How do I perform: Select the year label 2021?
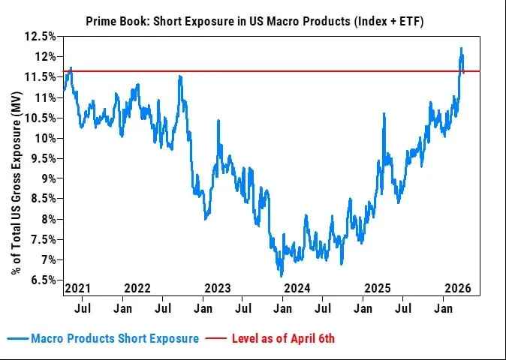pos(77,288)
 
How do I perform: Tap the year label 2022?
pos(137,288)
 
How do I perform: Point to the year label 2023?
pos(218,288)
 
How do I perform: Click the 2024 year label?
pos(297,288)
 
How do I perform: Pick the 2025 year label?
pos(378,288)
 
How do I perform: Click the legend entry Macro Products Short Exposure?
pos(115,338)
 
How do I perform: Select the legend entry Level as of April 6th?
pos(282,338)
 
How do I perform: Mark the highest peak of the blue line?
pos(461,49)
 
